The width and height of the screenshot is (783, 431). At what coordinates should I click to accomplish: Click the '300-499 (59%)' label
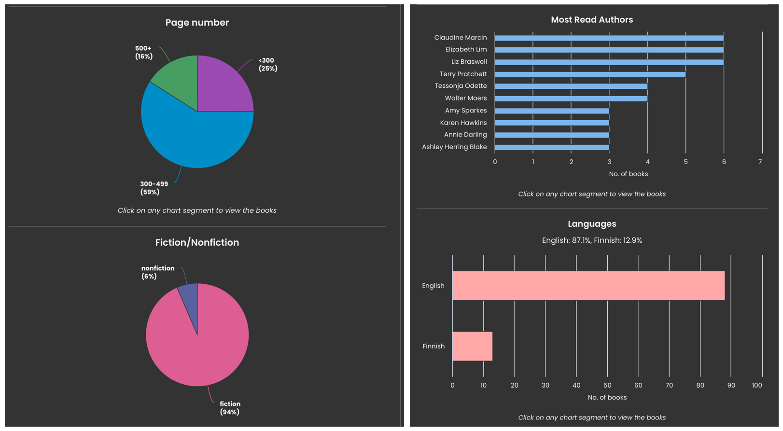pos(154,188)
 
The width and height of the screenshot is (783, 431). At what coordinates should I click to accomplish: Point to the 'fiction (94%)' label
pos(230,408)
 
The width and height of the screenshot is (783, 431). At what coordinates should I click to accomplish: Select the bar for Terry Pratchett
pos(590,74)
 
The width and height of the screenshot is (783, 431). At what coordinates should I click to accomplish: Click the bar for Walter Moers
pos(571,98)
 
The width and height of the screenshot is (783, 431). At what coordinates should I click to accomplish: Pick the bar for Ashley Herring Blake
pos(551,147)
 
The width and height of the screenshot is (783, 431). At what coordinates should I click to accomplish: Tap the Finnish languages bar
pos(472,346)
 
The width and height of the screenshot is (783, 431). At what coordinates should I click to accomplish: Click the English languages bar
pos(588,286)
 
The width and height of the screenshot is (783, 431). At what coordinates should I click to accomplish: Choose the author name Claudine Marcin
pos(460,37)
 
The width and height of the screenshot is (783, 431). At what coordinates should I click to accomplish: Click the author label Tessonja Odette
pos(461,86)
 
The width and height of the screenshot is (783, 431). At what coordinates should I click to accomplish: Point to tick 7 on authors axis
pos(760,162)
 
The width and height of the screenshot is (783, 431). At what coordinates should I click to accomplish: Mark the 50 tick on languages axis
pos(607,385)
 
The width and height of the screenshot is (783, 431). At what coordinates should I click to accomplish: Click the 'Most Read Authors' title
pos(592,20)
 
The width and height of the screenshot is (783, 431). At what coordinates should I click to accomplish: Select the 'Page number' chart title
pos(197,23)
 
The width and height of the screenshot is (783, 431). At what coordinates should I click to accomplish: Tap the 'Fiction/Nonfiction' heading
pos(197,242)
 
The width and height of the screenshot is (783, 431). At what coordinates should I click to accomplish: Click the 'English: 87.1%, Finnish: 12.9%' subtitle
pos(592,240)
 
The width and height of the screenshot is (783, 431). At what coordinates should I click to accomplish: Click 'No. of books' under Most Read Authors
pos(628,174)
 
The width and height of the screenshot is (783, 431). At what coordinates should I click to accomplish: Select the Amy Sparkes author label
pos(465,111)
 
